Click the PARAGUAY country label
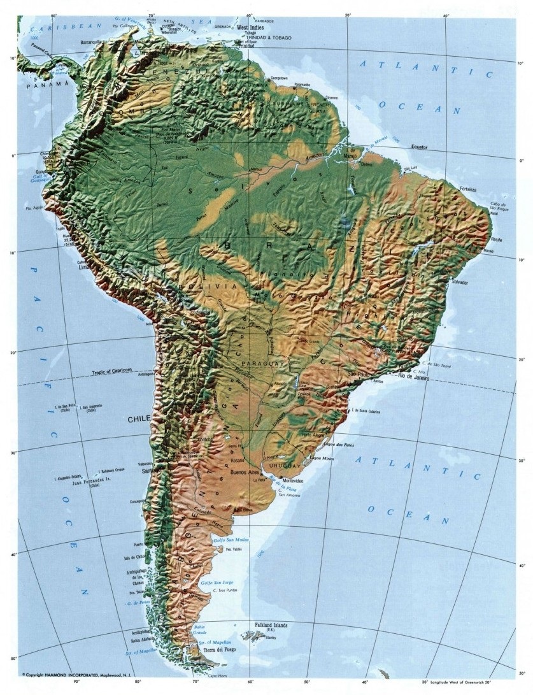pos(253,362)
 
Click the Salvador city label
pos(460,282)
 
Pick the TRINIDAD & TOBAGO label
pos(269,38)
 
